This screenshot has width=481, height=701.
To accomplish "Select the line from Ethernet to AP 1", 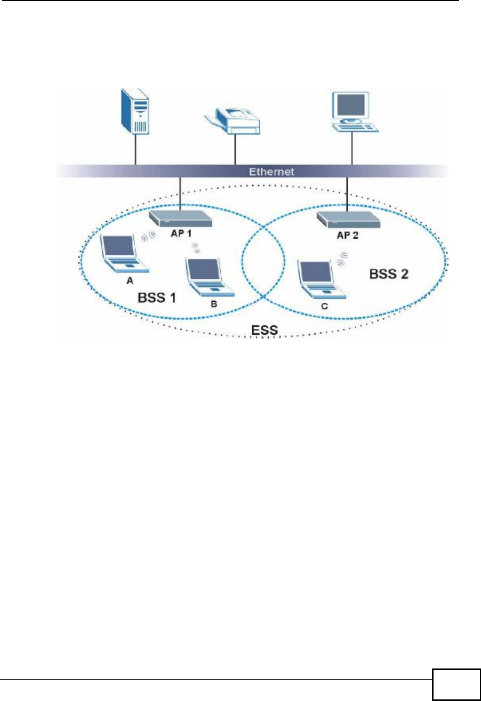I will (x=180, y=193).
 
